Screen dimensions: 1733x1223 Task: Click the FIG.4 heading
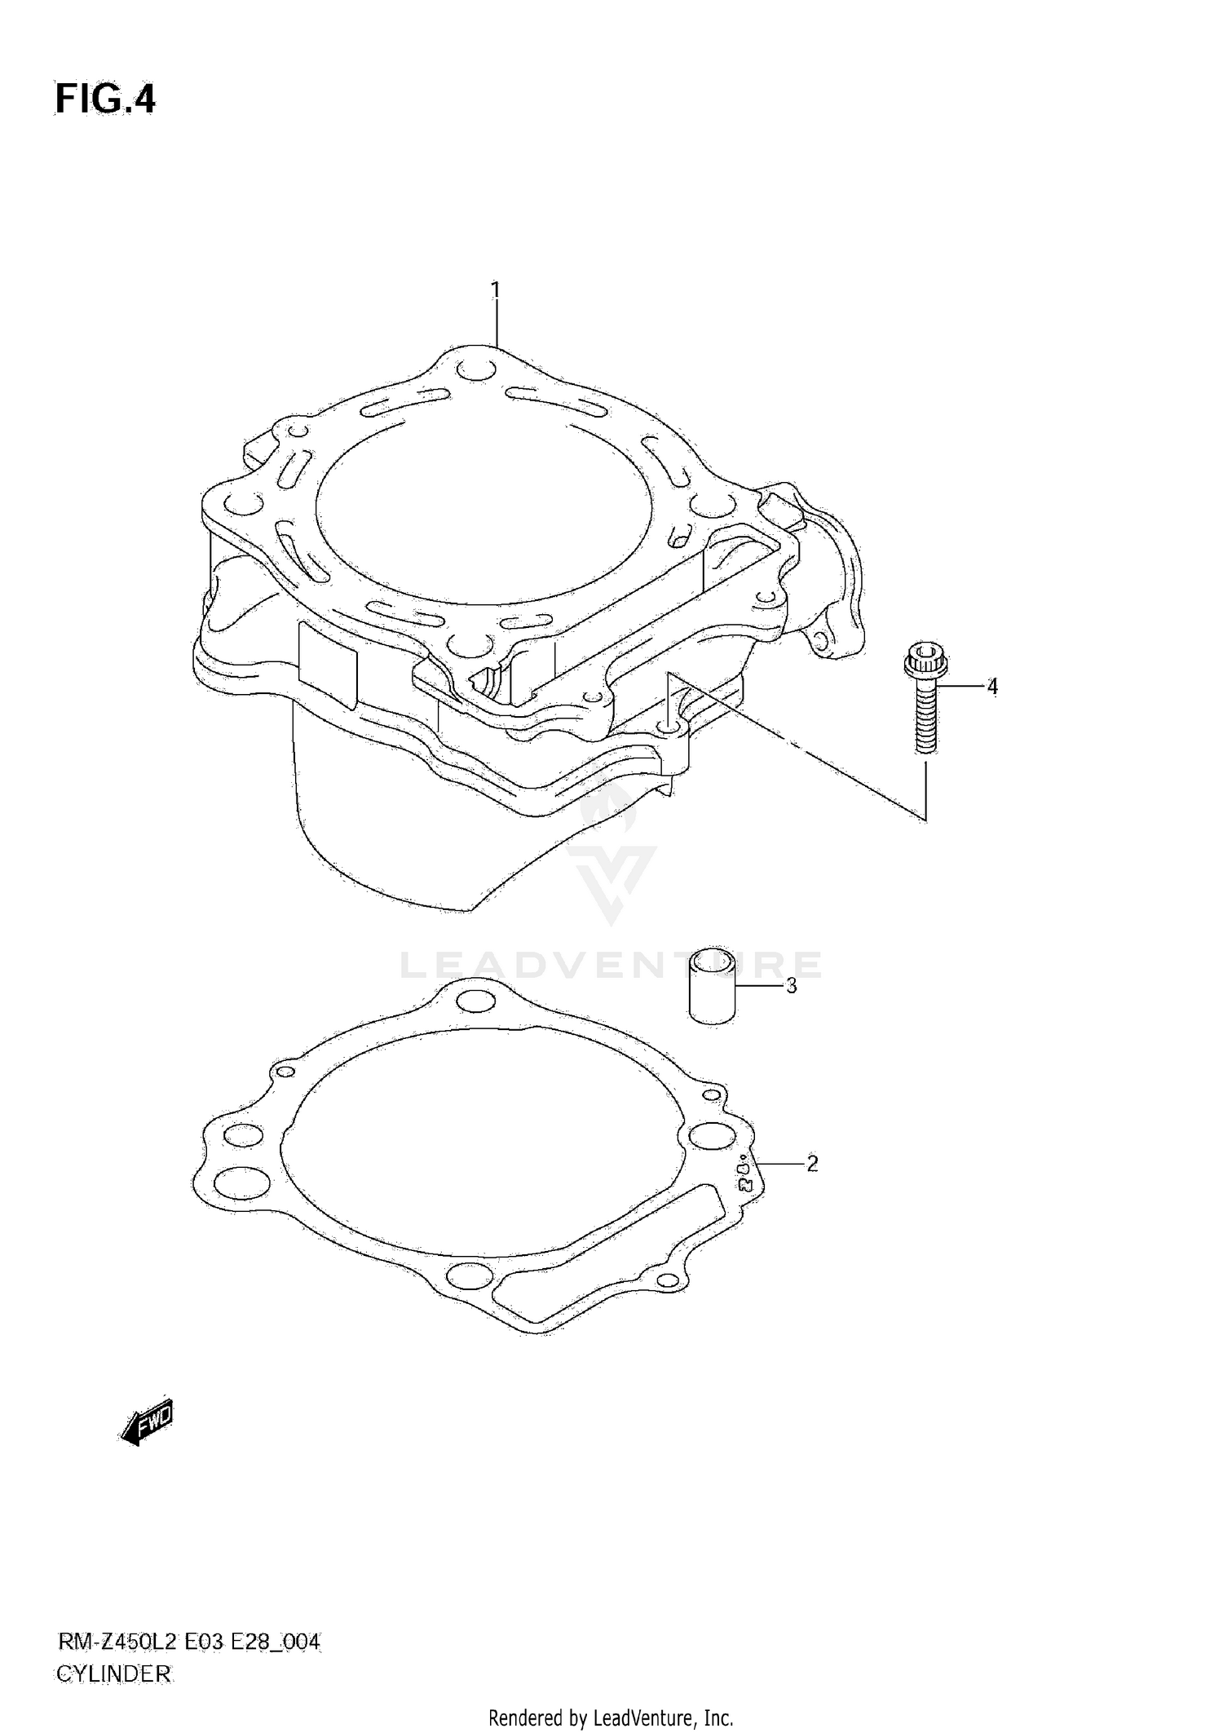pyautogui.click(x=105, y=100)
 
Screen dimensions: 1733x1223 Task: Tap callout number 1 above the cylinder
pyautogui.click(x=495, y=290)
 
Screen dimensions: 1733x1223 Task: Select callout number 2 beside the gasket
pyautogui.click(x=812, y=1164)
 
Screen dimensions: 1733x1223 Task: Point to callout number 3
pyautogui.click(x=791, y=986)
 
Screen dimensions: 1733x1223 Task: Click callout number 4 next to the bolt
pyautogui.click(x=992, y=687)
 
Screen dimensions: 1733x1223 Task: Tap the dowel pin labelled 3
pyautogui.click(x=713, y=986)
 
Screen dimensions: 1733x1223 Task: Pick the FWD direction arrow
pyautogui.click(x=148, y=1423)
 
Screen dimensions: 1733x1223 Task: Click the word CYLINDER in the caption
pyautogui.click(x=113, y=1673)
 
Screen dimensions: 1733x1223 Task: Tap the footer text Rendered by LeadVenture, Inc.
pyautogui.click(x=611, y=1718)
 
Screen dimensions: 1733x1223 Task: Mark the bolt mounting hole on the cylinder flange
pyautogui.click(x=669, y=724)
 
